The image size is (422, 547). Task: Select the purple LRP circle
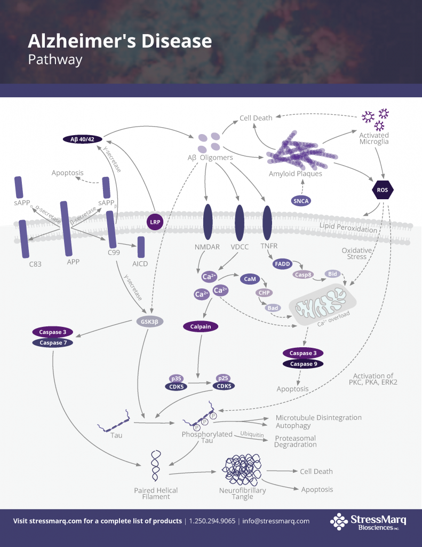pos(155,222)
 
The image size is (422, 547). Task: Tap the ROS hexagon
pos(382,190)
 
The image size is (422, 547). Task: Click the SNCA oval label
pos(301,201)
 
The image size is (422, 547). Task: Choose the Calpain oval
pos(201,326)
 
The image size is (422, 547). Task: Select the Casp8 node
pos(302,274)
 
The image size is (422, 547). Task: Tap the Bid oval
pos(333,274)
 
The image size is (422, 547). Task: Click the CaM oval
pos(249,279)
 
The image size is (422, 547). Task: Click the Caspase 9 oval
pos(302,364)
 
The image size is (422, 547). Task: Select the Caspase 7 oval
pos(52,342)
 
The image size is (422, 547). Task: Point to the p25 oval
pos(223,377)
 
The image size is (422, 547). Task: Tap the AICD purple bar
pos(141,247)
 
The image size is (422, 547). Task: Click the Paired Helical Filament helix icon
pos(156,465)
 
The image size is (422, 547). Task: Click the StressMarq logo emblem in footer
pos(338,521)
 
